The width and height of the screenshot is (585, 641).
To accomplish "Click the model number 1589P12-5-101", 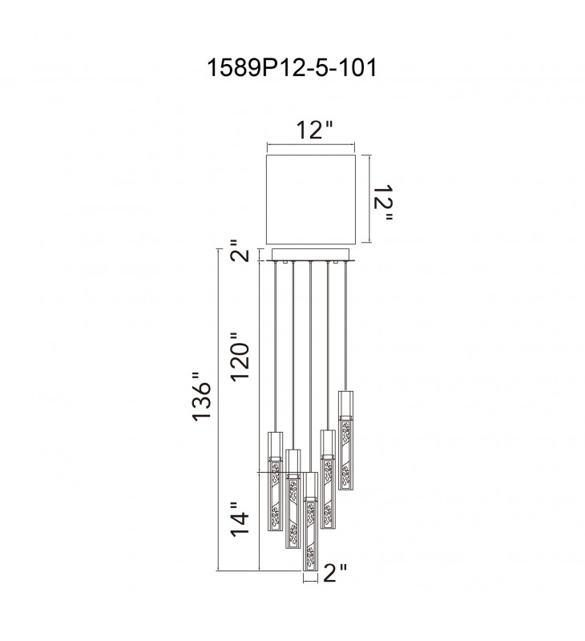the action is pyautogui.click(x=292, y=67).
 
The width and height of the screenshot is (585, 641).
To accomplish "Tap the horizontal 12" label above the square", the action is pyautogui.click(x=314, y=131).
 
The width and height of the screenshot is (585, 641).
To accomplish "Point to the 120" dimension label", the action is pyautogui.click(x=240, y=357).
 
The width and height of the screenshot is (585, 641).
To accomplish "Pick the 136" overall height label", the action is pyautogui.click(x=202, y=397).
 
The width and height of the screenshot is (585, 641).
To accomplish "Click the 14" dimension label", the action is pyautogui.click(x=240, y=519).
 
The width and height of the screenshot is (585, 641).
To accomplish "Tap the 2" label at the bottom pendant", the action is pyautogui.click(x=335, y=573).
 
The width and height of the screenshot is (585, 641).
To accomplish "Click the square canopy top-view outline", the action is pyautogui.click(x=311, y=200).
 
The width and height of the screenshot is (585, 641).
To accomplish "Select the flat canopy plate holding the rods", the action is pyautogui.click(x=311, y=255).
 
